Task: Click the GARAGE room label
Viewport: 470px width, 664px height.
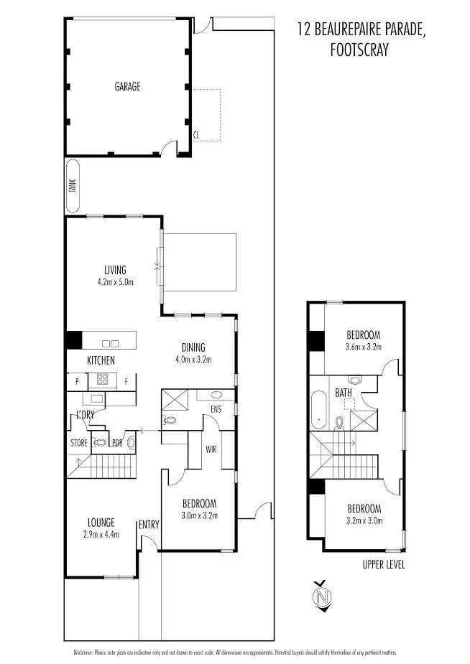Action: coord(127,87)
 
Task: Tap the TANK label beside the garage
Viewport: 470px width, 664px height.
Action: coord(72,186)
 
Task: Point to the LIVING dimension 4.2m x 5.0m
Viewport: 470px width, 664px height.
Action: coord(115,282)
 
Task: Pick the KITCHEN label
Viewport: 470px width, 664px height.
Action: coord(101,360)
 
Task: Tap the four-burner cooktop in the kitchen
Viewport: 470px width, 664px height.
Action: coord(103,380)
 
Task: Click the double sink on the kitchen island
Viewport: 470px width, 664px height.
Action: coord(110,343)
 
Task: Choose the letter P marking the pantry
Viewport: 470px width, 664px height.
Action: coord(75,381)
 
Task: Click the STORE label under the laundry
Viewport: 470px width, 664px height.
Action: coord(79,443)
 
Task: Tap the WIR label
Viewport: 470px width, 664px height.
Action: coord(211,449)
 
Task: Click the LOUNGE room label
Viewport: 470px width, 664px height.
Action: coord(101,523)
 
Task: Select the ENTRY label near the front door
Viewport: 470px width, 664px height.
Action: coord(148,523)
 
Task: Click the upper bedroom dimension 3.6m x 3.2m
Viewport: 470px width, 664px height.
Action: coord(363,347)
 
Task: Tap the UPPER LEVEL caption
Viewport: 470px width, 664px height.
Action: coord(384,565)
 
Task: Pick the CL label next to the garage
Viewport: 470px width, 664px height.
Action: coord(196,134)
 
